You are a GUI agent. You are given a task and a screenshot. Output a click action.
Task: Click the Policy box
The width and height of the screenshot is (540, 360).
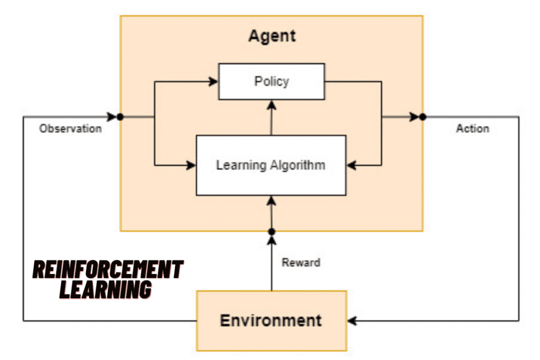[x=271, y=81]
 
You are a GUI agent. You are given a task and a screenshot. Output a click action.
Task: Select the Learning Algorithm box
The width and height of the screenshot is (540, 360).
[x=271, y=165]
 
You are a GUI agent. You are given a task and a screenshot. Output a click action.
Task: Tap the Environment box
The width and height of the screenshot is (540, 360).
[x=271, y=320]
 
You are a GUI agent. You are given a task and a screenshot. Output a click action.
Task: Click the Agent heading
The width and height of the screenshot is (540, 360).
[x=272, y=36]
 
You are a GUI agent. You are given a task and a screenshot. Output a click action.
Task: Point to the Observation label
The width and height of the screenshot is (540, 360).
[x=70, y=129]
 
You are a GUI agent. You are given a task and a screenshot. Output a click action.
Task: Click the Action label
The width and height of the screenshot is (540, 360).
[x=472, y=129]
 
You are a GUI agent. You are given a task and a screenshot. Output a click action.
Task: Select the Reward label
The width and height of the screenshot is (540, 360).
[x=301, y=262]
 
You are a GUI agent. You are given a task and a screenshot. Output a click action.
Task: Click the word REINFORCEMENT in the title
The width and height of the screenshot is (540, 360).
[x=108, y=270]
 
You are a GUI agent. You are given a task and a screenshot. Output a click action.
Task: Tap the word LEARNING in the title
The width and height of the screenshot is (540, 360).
[x=105, y=289]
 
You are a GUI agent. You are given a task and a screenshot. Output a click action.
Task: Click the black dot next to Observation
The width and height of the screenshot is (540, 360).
[x=120, y=116]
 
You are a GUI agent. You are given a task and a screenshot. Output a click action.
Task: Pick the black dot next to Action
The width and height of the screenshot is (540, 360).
[x=422, y=116]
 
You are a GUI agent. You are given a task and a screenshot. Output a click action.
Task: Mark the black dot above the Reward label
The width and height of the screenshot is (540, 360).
[x=272, y=232]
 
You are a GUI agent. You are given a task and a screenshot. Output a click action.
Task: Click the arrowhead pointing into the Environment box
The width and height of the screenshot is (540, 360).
[x=352, y=320]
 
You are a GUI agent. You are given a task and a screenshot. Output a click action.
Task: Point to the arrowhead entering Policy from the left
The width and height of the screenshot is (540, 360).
[x=214, y=81]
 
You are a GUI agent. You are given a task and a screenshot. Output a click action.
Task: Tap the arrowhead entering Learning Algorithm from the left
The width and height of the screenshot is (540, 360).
[x=191, y=166]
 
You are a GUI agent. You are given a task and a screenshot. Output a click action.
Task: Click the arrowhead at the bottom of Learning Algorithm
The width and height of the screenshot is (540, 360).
[x=272, y=200]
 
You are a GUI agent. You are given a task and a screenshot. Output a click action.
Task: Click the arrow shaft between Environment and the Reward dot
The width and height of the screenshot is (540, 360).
[x=272, y=269]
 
